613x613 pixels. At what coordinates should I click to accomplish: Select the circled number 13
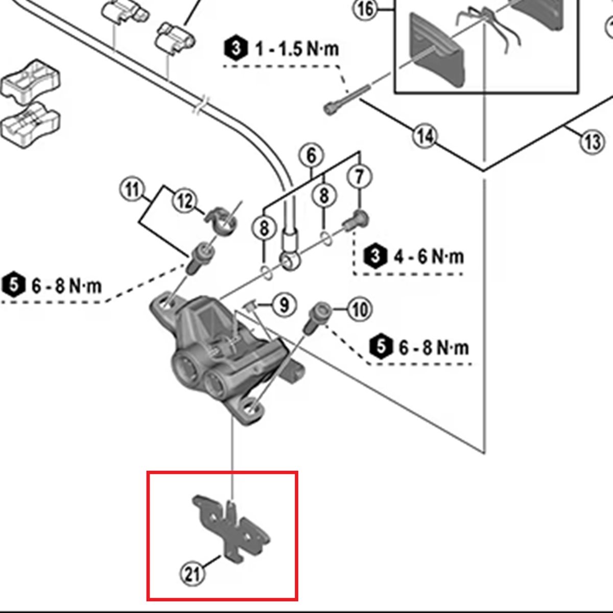592,140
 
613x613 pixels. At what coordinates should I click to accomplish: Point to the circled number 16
366,9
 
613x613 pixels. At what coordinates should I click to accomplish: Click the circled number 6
312,155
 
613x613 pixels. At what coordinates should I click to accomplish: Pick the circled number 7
360,177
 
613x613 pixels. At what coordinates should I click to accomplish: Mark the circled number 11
132,191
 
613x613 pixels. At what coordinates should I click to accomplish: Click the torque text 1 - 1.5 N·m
297,50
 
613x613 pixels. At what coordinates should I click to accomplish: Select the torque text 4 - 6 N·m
429,255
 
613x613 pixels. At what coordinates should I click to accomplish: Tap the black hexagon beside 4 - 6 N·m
375,255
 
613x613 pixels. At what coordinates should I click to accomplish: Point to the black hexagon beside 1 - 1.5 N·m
235,49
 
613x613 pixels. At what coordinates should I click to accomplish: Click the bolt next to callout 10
314,318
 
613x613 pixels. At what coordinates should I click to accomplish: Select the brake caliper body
215,358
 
